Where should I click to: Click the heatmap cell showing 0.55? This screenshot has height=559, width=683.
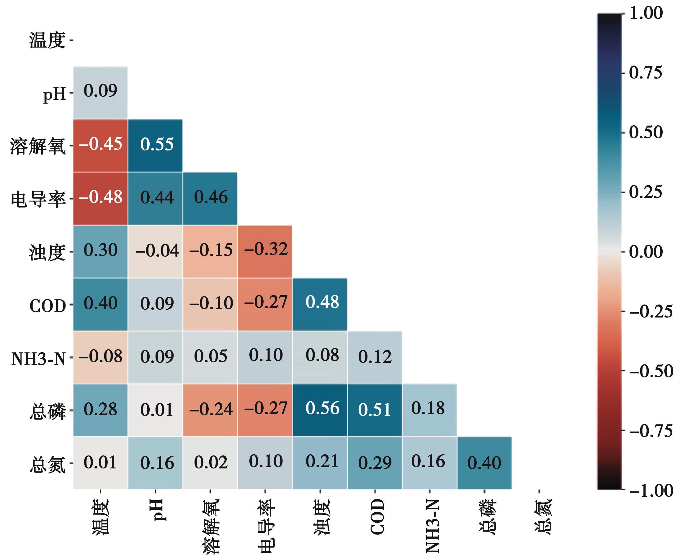[155, 145]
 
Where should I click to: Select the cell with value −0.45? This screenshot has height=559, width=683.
[101, 145]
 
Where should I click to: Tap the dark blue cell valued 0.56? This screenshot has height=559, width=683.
[320, 410]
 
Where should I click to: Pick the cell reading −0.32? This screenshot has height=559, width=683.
[265, 251]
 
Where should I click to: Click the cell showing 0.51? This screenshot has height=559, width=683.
[374, 410]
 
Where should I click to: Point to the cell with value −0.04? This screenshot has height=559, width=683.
[155, 251]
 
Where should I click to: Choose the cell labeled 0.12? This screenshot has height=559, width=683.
[374, 357]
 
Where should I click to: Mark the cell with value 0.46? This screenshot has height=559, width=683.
[210, 198]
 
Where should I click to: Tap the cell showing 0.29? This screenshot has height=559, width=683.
[374, 463]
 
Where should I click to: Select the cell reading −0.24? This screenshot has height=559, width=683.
[210, 410]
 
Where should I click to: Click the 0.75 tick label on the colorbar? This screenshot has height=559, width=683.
[646, 73]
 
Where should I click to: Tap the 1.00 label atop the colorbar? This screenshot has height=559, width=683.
[646, 14]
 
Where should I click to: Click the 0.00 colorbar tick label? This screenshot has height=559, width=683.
[646, 252]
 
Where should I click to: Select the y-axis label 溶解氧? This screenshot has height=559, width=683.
[38, 147]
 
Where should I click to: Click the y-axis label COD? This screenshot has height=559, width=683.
[48, 306]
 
